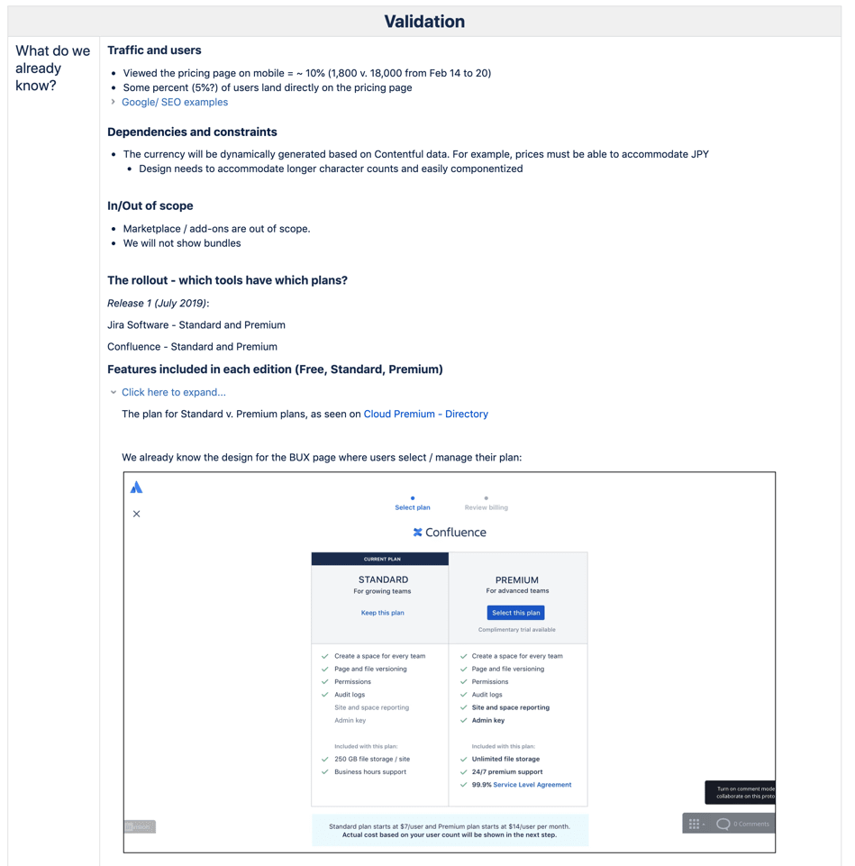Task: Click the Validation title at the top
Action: [424, 22]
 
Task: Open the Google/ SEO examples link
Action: [174, 102]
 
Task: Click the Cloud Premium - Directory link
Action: [425, 414]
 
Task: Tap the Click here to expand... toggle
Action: [173, 392]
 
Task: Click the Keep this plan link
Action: [382, 613]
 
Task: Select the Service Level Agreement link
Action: [532, 785]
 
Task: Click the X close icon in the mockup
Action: [137, 514]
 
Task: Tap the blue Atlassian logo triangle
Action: [136, 488]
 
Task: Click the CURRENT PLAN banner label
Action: [382, 559]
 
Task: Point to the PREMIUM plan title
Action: [517, 579]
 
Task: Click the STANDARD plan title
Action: [383, 579]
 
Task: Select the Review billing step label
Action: [486, 507]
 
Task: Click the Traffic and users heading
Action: [154, 50]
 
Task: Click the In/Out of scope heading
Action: [150, 205]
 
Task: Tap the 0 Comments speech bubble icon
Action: [723, 824]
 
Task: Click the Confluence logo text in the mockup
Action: [455, 533]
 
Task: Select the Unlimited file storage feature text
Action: [505, 759]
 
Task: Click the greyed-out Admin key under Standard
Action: [350, 720]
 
